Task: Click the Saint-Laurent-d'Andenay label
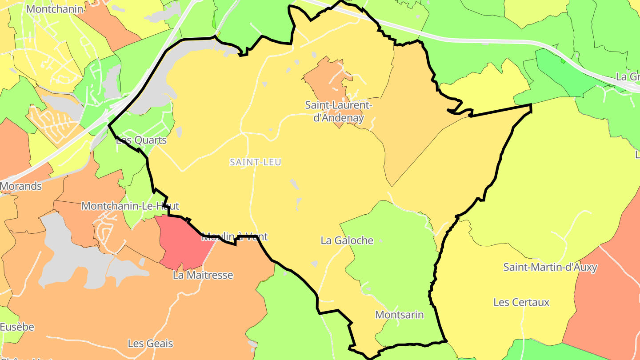[338, 112]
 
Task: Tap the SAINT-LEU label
[256, 162]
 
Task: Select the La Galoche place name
[347, 240]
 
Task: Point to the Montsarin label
[399, 315]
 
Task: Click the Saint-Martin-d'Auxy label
[550, 267]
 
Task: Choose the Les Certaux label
[521, 302]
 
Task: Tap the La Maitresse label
[203, 275]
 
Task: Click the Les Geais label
[150, 344]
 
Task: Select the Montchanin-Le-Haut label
[130, 206]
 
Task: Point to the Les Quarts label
[141, 140]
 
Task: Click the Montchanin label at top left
[55, 9]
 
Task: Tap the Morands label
[21, 186]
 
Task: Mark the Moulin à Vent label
[235, 237]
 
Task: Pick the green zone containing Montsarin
[391, 267]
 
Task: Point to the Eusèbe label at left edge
[17, 327]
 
